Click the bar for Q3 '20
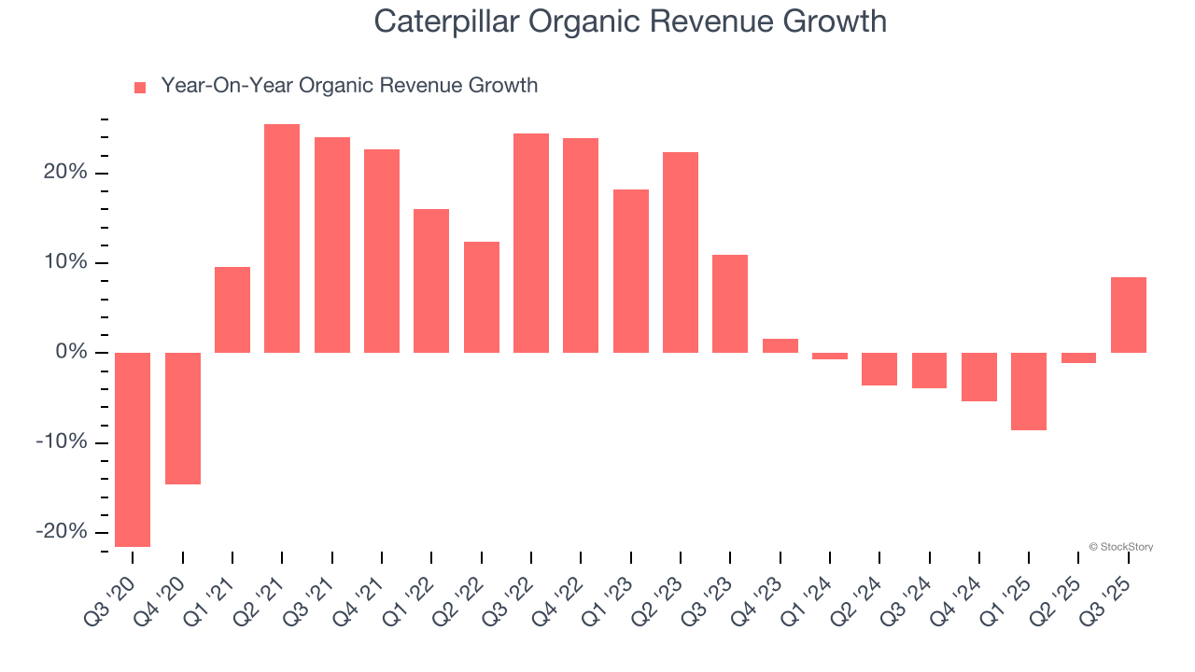[x=133, y=449]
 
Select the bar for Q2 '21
[x=282, y=238]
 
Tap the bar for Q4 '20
[x=183, y=418]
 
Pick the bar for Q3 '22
[x=531, y=243]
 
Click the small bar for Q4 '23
[x=780, y=345]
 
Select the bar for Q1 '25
[x=1029, y=391]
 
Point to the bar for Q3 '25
[x=1129, y=315]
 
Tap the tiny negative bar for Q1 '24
[x=830, y=356]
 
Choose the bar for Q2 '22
[x=482, y=297]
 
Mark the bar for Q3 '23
[x=730, y=303]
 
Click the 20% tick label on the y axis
[x=64, y=173]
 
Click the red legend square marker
[x=140, y=88]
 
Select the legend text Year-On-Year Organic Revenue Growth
[x=349, y=86]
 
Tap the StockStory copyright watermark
[x=1120, y=547]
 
